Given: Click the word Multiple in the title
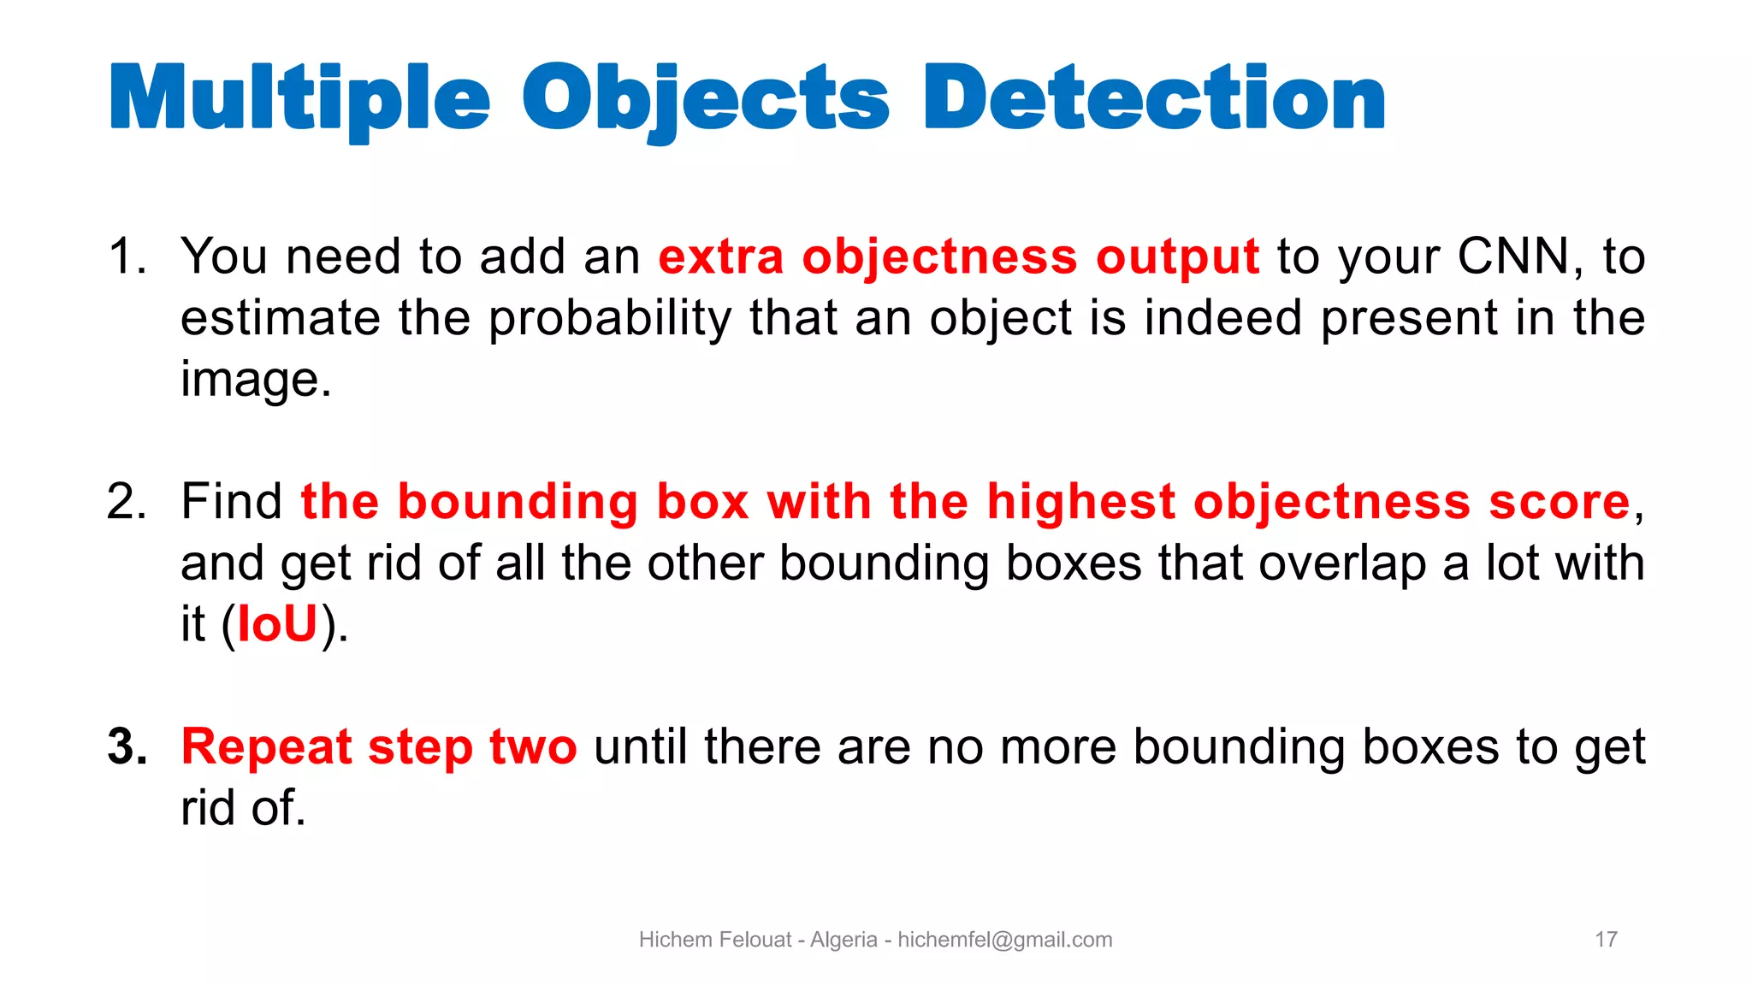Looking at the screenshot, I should (x=299, y=101).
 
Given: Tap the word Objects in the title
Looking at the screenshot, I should (x=706, y=101).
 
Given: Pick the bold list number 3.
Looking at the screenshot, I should (x=127, y=746).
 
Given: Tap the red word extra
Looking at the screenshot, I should (x=720, y=257).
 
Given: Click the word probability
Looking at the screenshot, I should (x=609, y=319).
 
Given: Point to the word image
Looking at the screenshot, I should (x=254, y=380).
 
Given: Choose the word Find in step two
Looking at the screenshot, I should (x=231, y=501).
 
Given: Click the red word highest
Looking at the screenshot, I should (x=1080, y=503).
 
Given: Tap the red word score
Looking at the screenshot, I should (x=1559, y=503).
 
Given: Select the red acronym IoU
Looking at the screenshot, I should (x=277, y=624).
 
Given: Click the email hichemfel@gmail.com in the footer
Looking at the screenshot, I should (x=1004, y=940).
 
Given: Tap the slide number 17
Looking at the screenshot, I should (x=1606, y=940).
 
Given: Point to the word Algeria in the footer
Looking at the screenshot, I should (x=843, y=940).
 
